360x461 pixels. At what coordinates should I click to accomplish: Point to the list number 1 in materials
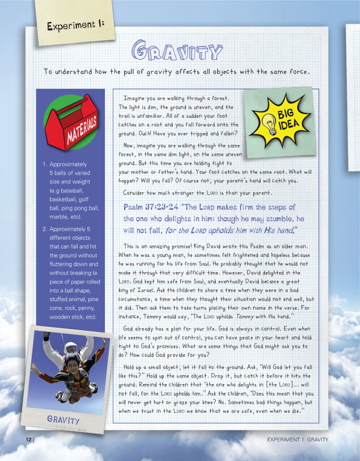tap(44, 164)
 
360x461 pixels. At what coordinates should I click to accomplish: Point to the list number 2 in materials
tap(44, 229)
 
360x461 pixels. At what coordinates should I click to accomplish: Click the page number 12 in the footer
tap(29, 439)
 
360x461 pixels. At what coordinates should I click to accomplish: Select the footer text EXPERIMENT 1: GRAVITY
tap(298, 439)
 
